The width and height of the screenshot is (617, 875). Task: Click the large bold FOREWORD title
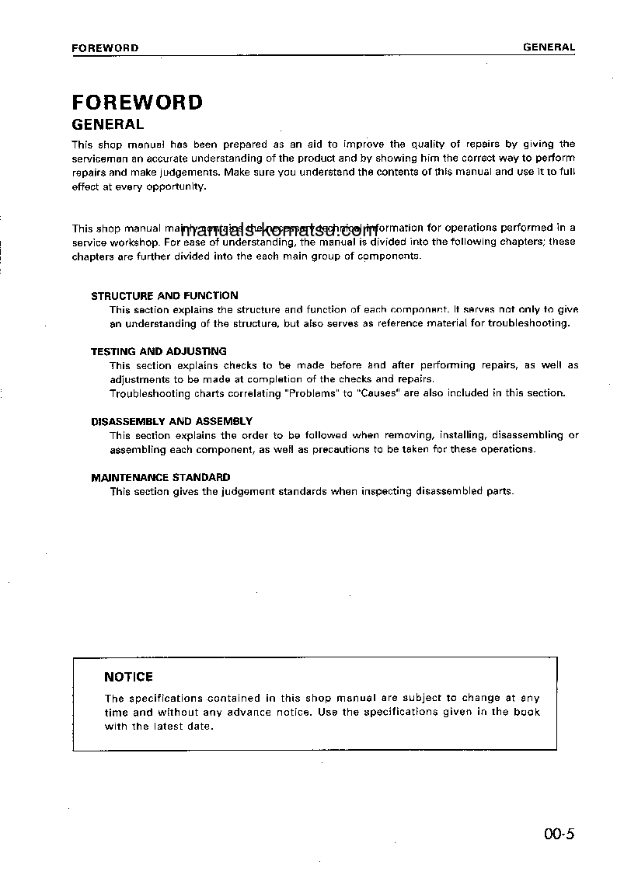pyautogui.click(x=137, y=103)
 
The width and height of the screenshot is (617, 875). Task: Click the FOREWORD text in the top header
pyautogui.click(x=105, y=47)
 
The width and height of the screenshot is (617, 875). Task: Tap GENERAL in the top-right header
pyautogui.click(x=549, y=47)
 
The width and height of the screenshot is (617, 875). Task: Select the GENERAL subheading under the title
pyautogui.click(x=107, y=124)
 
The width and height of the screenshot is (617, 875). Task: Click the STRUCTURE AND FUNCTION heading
pyautogui.click(x=165, y=295)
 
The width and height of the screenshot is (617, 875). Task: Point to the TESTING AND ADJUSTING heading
pyautogui.click(x=159, y=351)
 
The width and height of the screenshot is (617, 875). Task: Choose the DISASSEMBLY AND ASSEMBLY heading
pyautogui.click(x=172, y=421)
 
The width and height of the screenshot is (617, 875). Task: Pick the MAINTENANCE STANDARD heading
pyautogui.click(x=161, y=477)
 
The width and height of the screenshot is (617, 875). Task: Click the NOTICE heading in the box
pyautogui.click(x=128, y=677)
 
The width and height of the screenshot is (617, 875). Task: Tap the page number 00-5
pyautogui.click(x=559, y=835)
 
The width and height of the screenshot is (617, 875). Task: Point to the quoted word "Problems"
pyautogui.click(x=312, y=393)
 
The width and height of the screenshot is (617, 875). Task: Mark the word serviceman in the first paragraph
pyautogui.click(x=99, y=158)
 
